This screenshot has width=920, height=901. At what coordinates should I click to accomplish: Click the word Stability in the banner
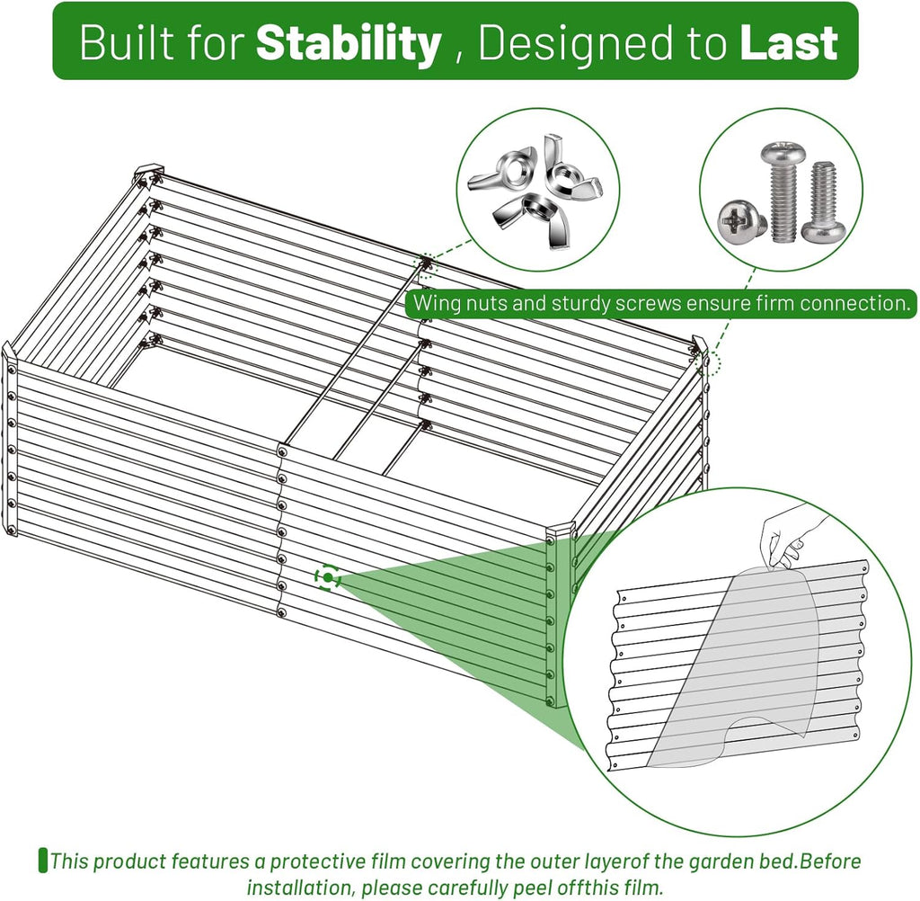[x=349, y=43]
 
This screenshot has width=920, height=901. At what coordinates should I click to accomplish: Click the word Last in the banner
[x=789, y=43]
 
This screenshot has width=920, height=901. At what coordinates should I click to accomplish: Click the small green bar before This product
[x=42, y=861]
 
